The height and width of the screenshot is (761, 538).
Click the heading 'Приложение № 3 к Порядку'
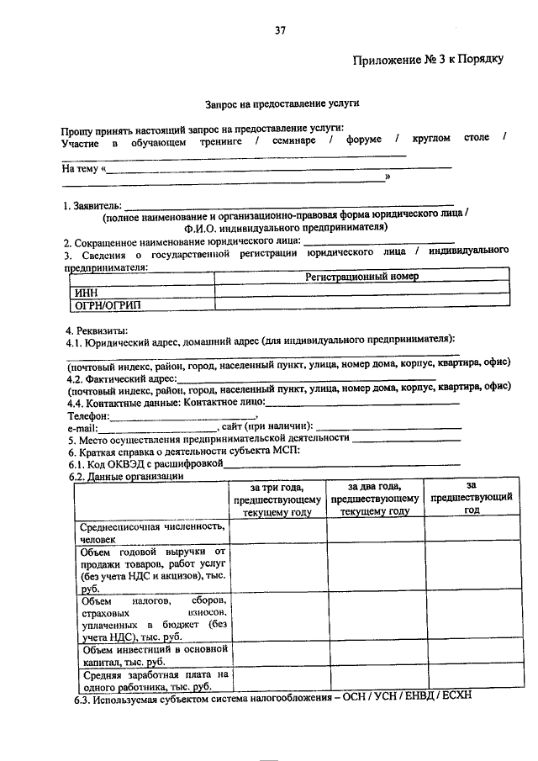(428, 60)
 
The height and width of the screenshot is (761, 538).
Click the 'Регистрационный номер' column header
(361, 276)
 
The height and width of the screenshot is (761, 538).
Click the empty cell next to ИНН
(361, 291)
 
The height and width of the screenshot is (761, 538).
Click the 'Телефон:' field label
(88, 415)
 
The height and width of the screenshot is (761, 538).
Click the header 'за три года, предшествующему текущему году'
(277, 499)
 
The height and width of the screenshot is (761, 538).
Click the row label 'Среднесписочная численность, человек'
(151, 532)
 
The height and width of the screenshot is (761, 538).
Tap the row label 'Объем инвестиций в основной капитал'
(151, 655)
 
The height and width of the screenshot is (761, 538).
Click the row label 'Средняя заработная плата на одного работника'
(151, 680)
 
